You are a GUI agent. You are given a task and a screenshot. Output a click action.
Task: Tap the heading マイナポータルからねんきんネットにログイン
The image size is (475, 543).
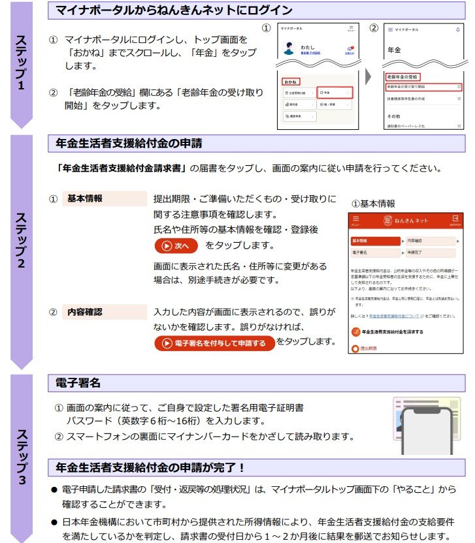pos(174,11)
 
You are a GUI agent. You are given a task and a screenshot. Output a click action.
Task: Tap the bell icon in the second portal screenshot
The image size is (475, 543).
pos(457,29)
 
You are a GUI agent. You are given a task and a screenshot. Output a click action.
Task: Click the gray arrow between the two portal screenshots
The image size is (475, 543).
pos(369,76)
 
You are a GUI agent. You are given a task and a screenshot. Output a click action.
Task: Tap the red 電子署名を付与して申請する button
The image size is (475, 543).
pos(215,343)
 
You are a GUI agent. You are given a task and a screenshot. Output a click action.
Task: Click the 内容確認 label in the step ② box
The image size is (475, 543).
pos(85,312)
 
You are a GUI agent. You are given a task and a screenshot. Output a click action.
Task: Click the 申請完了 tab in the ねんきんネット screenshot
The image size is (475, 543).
pos(428,251)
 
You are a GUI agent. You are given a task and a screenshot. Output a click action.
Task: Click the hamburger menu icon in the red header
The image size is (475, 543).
pos(356,219)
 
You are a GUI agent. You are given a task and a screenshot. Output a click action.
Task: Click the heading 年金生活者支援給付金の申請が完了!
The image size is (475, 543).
pos(150,467)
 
